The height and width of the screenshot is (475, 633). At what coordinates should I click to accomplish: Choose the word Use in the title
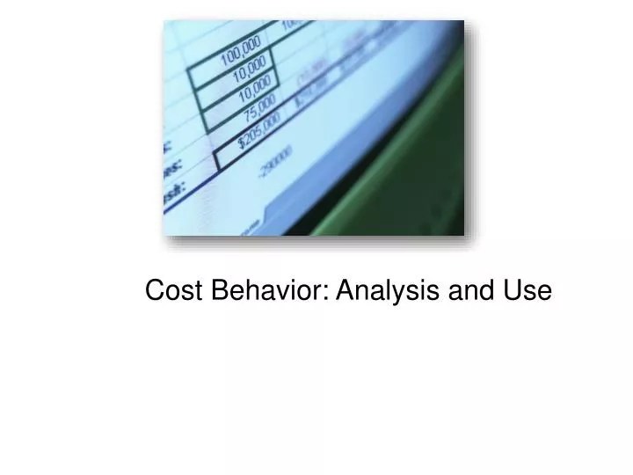[x=527, y=290]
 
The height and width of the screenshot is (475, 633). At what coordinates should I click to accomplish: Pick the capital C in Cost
[x=155, y=290]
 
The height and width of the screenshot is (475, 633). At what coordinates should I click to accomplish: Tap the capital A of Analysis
[x=344, y=290]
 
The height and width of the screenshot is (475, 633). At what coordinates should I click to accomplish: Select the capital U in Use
[x=513, y=290]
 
